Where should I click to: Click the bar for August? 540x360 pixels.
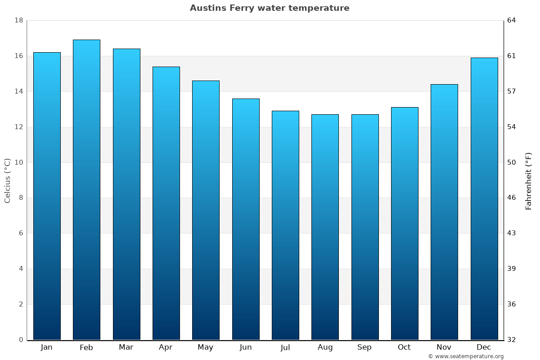pos(325,227)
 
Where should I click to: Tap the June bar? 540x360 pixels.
pos(246,219)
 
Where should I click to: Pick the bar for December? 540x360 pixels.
pos(484,198)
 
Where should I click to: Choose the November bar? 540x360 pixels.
pos(444,212)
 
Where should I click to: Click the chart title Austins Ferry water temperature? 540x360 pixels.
pos(270,8)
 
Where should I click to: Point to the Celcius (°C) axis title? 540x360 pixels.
pos(7,180)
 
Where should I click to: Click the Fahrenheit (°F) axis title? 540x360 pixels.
pos(529,180)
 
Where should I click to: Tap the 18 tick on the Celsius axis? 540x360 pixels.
pos(18,20)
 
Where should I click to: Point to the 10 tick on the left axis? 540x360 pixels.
pos(18,162)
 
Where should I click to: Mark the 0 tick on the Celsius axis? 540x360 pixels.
pos(21,340)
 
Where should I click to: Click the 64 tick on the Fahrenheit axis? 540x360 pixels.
pos(512,20)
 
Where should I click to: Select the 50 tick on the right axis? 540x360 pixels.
pos(512,162)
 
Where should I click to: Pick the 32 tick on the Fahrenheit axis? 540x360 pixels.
pos(512,340)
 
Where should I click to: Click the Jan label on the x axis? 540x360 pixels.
pos(46,347)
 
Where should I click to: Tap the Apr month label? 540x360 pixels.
pos(166,347)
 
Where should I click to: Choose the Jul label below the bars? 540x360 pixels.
pos(285,347)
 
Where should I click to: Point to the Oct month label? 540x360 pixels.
pos(404,347)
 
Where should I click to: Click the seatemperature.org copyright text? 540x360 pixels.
pos(466,356)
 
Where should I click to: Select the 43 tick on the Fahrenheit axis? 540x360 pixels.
pos(512,233)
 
